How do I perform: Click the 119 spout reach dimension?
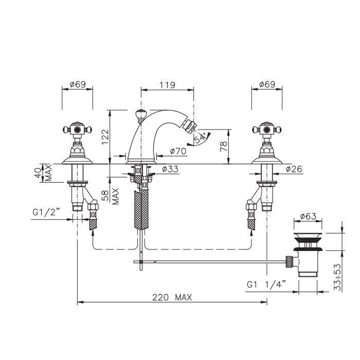[x=167, y=85]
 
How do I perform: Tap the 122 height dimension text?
[x=105, y=137]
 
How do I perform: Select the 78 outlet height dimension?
[x=223, y=147]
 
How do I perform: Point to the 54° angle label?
[x=200, y=138]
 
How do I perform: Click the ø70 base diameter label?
[x=178, y=151]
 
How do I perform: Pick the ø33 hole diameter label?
[x=170, y=169]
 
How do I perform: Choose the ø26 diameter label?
[x=294, y=169]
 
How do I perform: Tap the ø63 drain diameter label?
[x=308, y=216]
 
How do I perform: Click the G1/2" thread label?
[x=46, y=212]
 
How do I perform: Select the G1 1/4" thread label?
[x=266, y=284]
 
